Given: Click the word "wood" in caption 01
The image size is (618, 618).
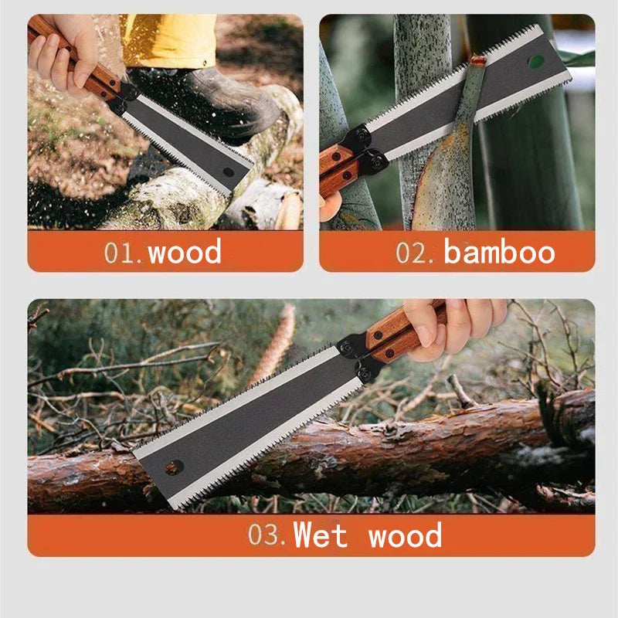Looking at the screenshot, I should [x=185, y=252].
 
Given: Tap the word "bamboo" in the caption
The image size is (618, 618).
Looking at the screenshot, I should [x=499, y=252].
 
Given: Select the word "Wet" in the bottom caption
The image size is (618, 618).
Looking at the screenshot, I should [x=321, y=535].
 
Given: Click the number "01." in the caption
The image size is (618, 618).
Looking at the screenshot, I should [x=124, y=253].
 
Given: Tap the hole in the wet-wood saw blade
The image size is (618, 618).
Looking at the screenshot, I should [x=174, y=467].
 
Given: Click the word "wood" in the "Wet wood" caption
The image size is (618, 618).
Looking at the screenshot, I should [x=405, y=535].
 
